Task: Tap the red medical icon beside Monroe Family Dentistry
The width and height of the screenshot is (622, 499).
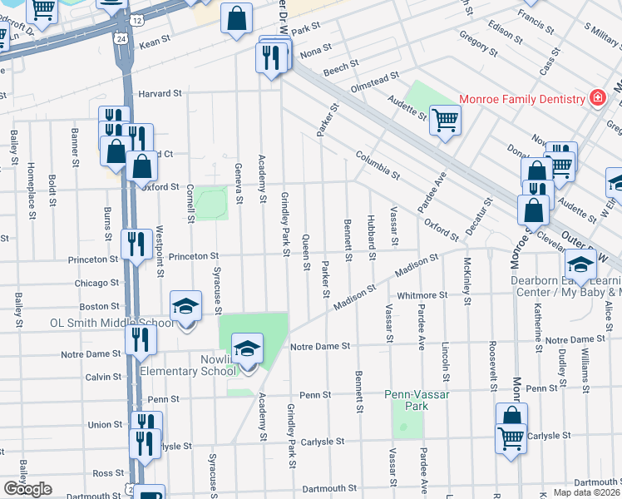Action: point(596,99)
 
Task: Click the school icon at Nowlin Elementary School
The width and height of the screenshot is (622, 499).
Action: point(247,349)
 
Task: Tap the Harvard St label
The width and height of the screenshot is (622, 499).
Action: point(160,94)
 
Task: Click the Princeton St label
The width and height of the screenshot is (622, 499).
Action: point(193,257)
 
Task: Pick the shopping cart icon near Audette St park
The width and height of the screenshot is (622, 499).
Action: point(445,121)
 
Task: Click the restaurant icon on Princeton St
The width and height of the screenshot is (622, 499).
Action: point(136,245)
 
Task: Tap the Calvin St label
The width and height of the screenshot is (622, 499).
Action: point(103,377)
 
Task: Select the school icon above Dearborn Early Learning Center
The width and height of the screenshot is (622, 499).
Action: point(580,266)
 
